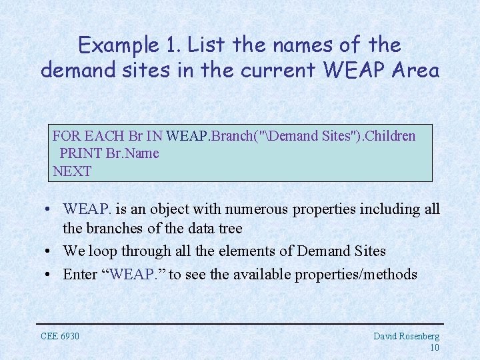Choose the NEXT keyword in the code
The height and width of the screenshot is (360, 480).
tap(72, 171)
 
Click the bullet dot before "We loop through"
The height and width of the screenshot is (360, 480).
tap(50, 251)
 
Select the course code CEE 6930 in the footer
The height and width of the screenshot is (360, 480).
tap(60, 336)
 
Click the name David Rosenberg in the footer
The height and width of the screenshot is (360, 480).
tap(406, 336)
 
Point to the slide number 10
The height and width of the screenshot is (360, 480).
tap(434, 347)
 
